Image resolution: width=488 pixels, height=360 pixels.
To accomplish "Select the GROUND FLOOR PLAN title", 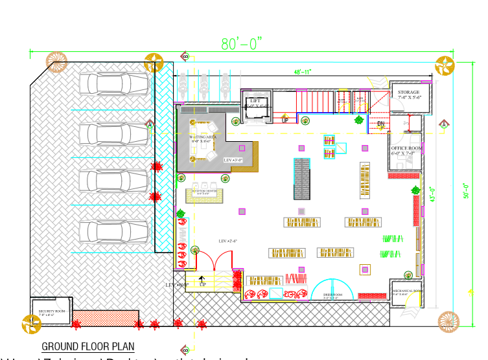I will pyautogui.click(x=88, y=347).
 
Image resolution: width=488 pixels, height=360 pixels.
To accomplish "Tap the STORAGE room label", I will pyautogui.click(x=408, y=93).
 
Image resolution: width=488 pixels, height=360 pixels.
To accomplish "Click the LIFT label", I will pyautogui.click(x=255, y=100).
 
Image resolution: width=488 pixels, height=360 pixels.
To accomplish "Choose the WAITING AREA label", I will pyautogui.click(x=202, y=137).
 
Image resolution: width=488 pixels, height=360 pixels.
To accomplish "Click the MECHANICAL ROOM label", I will pyautogui.click(x=407, y=291).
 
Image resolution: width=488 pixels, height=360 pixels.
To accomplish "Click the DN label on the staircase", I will pyautogui.click(x=381, y=123).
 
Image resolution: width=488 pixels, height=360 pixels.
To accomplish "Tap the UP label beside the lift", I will pyautogui.click(x=285, y=120).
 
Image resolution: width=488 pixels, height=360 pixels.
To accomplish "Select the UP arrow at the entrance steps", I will pyautogui.click(x=202, y=280).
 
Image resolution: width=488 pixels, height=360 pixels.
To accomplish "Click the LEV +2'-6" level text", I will pyautogui.click(x=227, y=241).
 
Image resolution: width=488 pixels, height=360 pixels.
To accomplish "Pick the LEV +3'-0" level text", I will pyautogui.click(x=233, y=159).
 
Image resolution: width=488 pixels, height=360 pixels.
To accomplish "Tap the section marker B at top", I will pyautogui.click(x=185, y=57).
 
